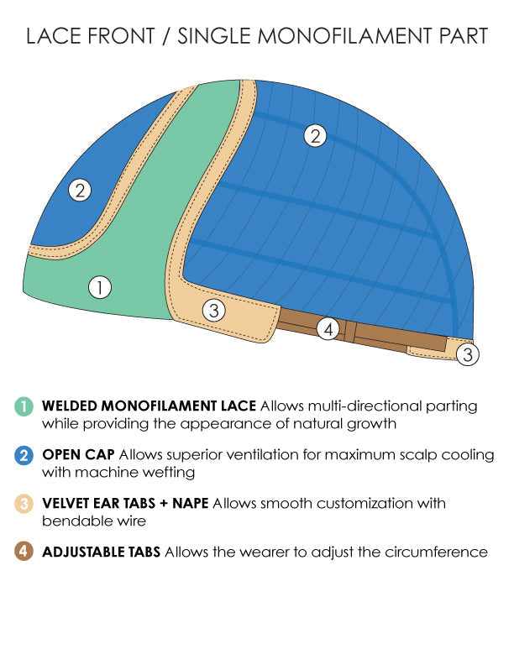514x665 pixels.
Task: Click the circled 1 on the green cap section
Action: pos(100,287)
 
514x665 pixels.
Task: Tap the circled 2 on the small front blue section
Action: pos(80,190)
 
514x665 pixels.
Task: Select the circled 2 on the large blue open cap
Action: pos(315,136)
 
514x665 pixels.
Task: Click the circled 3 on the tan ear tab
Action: pos(213,311)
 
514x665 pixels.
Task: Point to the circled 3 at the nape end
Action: pos(468,354)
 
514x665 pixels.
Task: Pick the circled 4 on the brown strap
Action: pos(328,328)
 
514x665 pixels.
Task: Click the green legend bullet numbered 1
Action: pos(24,406)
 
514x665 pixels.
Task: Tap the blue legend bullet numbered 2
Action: pos(24,455)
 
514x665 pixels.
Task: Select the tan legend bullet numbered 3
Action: pos(24,504)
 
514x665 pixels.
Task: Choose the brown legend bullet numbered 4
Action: pos(24,552)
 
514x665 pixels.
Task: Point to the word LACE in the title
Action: pos(53,35)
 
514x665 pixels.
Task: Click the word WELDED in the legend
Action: pos(70,406)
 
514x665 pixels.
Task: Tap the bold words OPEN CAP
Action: pos(78,454)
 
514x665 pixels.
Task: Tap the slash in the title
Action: pos(165,36)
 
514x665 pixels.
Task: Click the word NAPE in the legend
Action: pos(191,503)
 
